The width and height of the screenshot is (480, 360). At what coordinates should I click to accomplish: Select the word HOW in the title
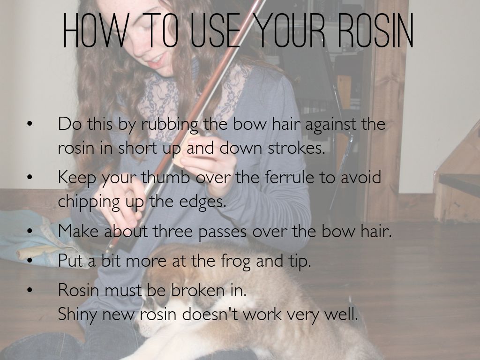click(x=94, y=30)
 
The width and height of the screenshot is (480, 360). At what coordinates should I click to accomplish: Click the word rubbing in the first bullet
click(x=170, y=125)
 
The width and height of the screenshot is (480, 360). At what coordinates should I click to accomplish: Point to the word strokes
click(x=296, y=148)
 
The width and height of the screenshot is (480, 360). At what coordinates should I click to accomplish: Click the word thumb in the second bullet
click(x=165, y=177)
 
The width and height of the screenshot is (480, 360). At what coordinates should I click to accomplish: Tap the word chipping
click(x=89, y=202)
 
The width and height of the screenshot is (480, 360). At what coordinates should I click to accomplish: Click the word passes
click(x=222, y=232)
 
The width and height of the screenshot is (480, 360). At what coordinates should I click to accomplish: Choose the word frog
click(x=235, y=262)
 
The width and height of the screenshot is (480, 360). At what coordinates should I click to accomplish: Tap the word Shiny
click(x=77, y=315)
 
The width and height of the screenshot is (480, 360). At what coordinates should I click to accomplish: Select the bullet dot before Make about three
click(x=30, y=232)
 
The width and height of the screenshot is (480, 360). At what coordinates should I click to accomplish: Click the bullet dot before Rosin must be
click(x=30, y=290)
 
